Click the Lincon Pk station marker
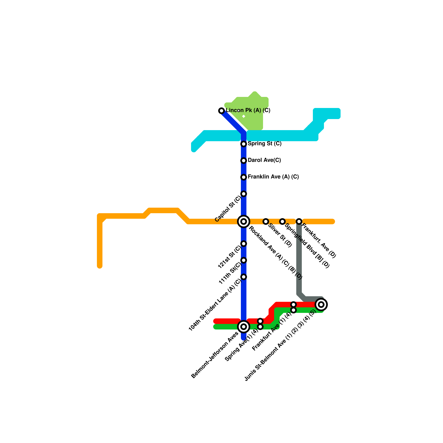[x=221, y=111]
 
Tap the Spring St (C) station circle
[x=244, y=144]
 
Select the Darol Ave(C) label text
[x=264, y=160]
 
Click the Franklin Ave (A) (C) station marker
[x=244, y=177]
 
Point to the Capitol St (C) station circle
[x=244, y=194]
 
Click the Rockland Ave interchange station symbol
[x=244, y=221]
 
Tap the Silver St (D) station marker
[x=266, y=221]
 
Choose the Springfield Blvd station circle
[x=282, y=221]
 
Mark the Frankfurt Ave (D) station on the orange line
[x=299, y=221]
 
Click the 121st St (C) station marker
[x=244, y=244]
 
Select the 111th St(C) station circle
[x=244, y=260]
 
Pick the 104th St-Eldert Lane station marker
[x=244, y=277]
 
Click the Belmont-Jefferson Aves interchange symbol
[x=244, y=327]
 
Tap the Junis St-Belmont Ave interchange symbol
[x=321, y=305]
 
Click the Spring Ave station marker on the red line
[x=260, y=321]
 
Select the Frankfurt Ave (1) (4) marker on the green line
[x=293, y=310]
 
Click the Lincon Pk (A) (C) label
[x=248, y=110]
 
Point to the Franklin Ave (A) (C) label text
[x=273, y=177]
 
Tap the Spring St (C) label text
[x=264, y=144]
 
